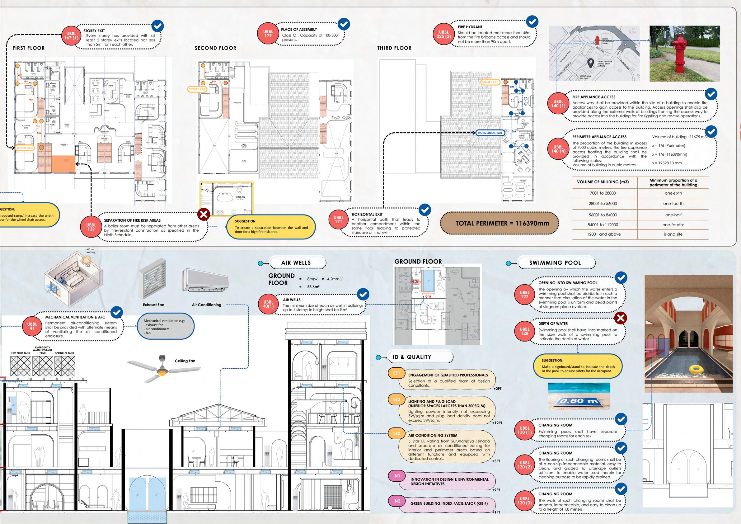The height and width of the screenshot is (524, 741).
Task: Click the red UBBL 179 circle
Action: click(268, 34)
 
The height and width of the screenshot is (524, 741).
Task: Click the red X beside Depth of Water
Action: click(620, 318)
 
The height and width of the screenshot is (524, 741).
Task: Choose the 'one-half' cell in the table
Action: click(673, 215)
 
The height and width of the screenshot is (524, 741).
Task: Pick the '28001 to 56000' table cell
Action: click(603, 204)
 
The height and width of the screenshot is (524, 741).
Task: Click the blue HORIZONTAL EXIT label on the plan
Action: click(490, 133)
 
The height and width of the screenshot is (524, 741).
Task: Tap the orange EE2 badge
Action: click(396, 399)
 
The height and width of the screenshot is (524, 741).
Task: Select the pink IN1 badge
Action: click(396, 476)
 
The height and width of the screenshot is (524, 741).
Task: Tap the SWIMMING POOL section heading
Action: click(555, 263)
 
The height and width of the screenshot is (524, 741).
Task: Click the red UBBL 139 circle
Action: click(91, 227)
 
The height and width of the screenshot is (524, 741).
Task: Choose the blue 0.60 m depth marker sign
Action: click(579, 402)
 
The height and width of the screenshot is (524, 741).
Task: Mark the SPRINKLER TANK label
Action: click(64, 353)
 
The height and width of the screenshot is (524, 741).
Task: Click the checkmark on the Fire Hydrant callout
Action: click(532, 21)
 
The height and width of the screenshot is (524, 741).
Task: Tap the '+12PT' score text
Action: click(497, 423)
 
